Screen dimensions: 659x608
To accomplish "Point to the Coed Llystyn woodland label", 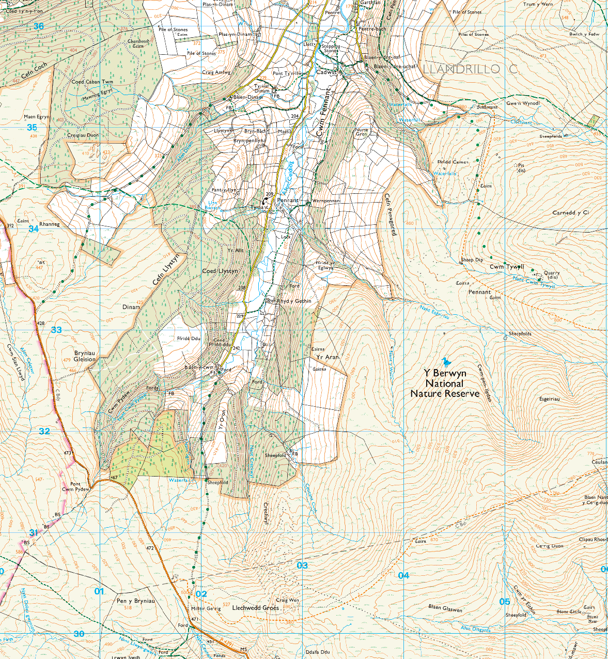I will pos(220,271).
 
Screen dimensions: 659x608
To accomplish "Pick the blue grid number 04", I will pos(403,575).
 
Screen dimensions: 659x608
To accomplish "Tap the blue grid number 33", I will pos(56,330).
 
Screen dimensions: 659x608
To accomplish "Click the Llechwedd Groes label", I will pos(255,608).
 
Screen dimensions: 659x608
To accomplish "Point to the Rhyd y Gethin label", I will pos(294,301).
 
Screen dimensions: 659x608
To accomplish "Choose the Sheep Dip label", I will pos(471,260).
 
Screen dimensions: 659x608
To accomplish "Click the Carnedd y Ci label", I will pos(570,213).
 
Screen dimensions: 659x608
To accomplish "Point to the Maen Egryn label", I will pos(37,117).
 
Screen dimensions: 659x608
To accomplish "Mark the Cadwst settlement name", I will pos(326,73).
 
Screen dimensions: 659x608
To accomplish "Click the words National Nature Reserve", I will pos(445,388).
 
